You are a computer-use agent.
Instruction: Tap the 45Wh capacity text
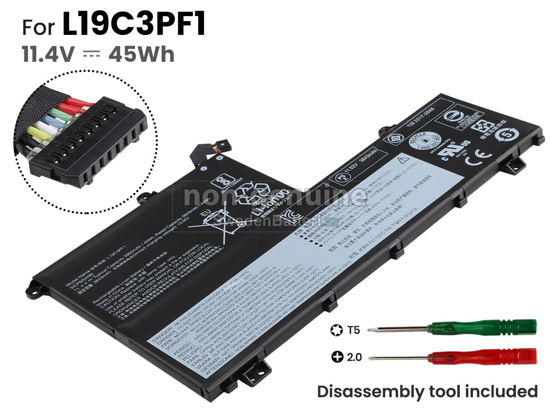141,55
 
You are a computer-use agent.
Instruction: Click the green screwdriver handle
482,328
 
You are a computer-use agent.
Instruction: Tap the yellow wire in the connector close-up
37,134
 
